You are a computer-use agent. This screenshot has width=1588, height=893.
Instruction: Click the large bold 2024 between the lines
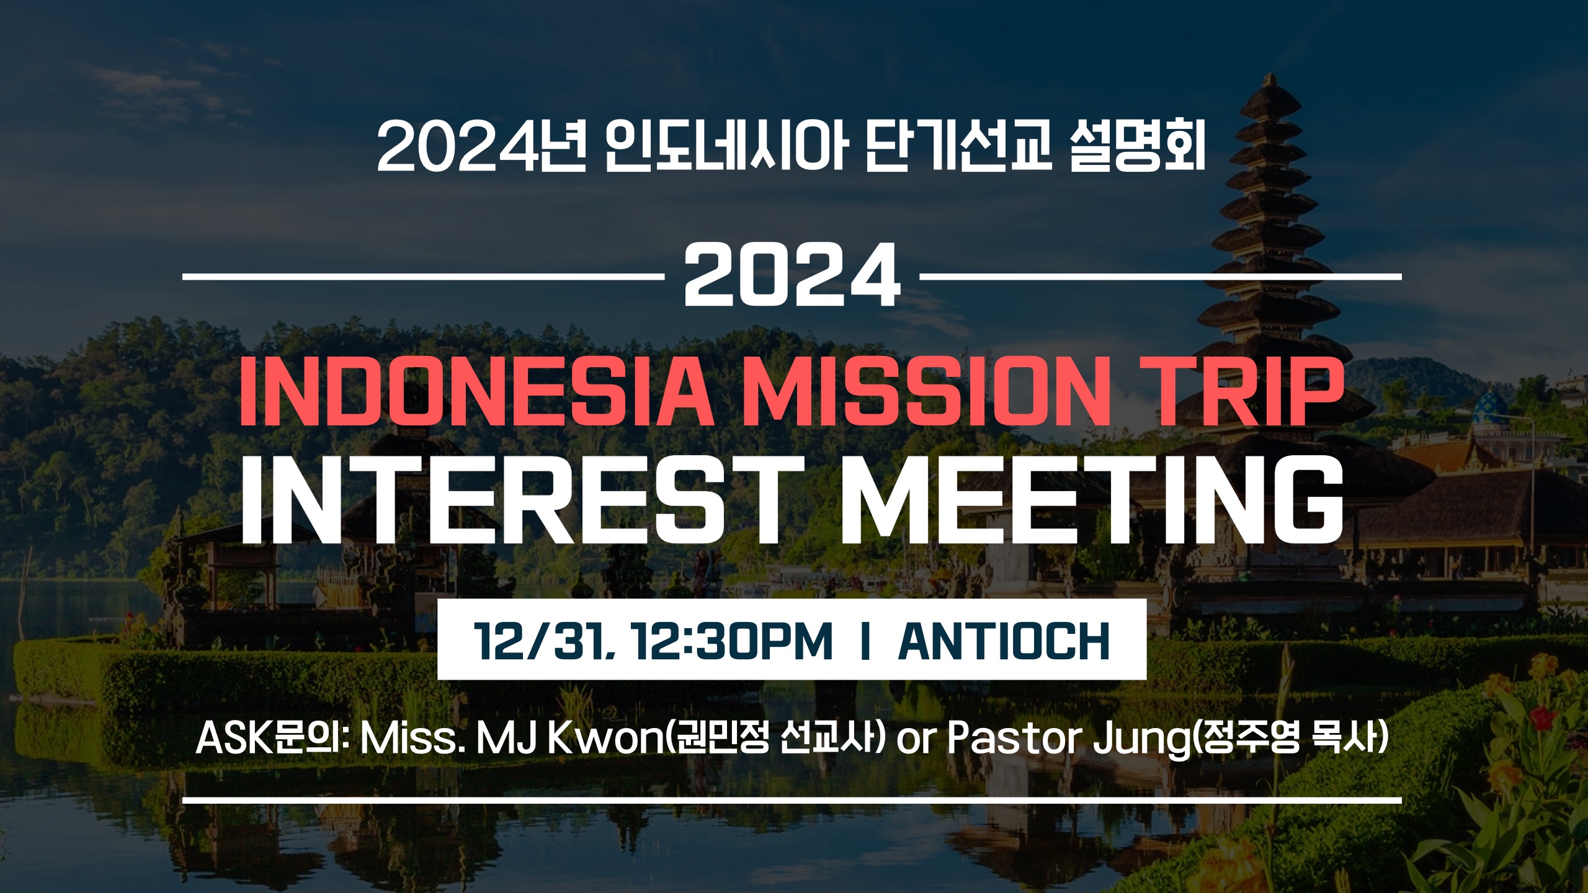click(x=792, y=275)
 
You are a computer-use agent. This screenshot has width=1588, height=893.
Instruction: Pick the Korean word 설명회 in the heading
click(x=1138, y=149)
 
